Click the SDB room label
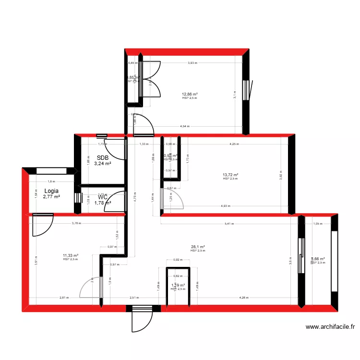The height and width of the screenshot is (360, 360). [x=103, y=157]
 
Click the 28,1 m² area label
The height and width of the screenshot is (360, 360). [x=198, y=247]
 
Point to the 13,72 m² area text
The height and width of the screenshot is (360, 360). [x=231, y=175]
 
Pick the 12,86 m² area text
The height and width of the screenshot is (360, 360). [x=190, y=95]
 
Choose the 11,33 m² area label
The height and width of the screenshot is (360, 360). [x=70, y=256]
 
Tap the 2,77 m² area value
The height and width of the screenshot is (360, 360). [x=51, y=196]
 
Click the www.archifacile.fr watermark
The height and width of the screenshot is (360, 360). [x=330, y=327]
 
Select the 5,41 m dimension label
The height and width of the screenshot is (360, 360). [x=230, y=223]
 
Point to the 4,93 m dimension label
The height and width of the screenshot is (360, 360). [x=226, y=206]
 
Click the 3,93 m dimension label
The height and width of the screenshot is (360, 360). [x=192, y=63]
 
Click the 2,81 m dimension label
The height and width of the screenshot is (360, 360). [x=63, y=298]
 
